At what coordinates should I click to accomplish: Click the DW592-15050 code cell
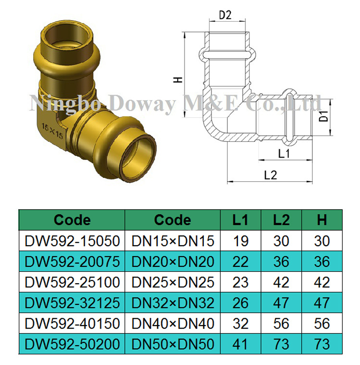[x=72, y=240]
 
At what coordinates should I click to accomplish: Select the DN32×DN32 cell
[x=173, y=303]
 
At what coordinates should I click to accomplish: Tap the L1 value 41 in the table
[x=240, y=344]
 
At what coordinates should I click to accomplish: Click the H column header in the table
[x=322, y=220]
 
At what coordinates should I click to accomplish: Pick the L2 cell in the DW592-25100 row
[x=281, y=282]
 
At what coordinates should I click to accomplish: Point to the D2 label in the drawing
[x=225, y=15]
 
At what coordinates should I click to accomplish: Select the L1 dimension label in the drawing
[x=284, y=153]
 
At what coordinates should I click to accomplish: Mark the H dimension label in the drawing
[x=178, y=80]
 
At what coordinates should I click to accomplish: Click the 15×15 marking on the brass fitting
[x=52, y=127]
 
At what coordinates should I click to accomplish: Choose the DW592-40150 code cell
[x=72, y=324]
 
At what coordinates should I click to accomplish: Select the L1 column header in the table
[x=240, y=220]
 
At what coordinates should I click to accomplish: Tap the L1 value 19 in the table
[x=240, y=240]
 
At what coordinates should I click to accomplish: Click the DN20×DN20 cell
[x=173, y=262]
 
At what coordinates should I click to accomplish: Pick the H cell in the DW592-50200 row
[x=322, y=344]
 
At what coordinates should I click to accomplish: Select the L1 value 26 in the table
[x=240, y=303]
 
